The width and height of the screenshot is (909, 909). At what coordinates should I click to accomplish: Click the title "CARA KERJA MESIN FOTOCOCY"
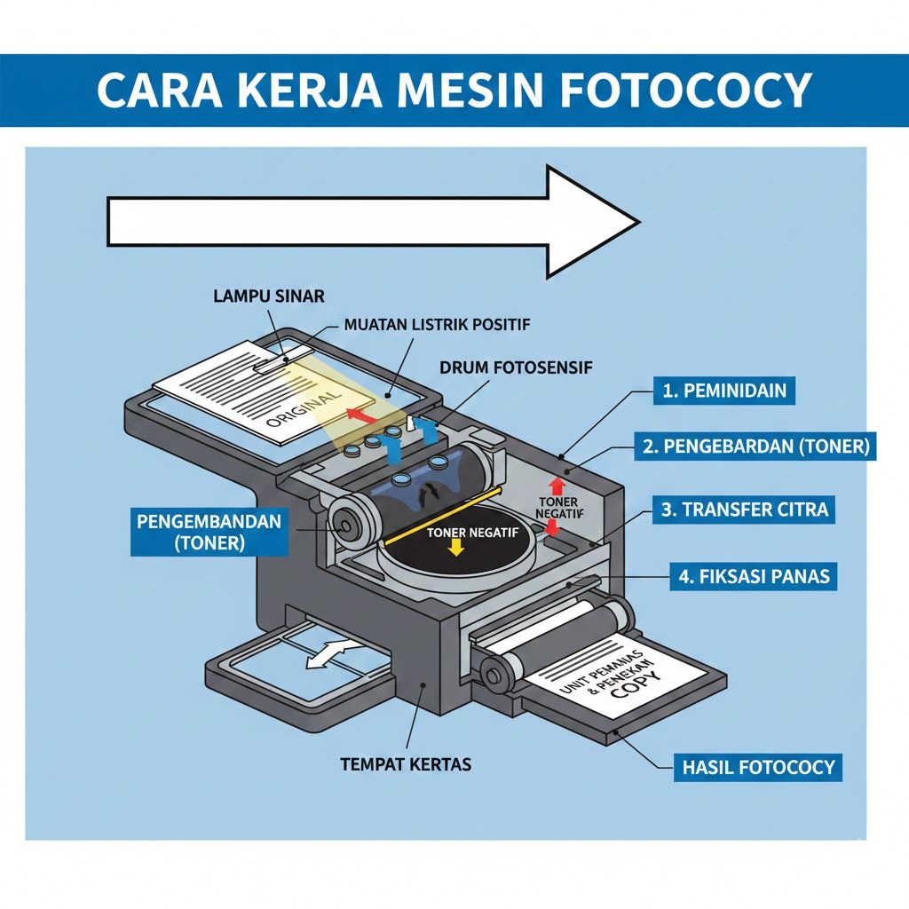point(454,90)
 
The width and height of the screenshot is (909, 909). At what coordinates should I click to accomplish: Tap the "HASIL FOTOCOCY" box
point(759,766)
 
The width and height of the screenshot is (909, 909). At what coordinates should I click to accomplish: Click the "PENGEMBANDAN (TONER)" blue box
point(209,531)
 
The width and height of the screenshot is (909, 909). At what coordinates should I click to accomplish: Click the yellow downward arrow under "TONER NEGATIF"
point(457,548)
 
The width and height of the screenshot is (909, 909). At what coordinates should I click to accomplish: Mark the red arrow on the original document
point(359,414)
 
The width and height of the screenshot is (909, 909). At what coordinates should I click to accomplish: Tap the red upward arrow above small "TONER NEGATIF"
point(557,486)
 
